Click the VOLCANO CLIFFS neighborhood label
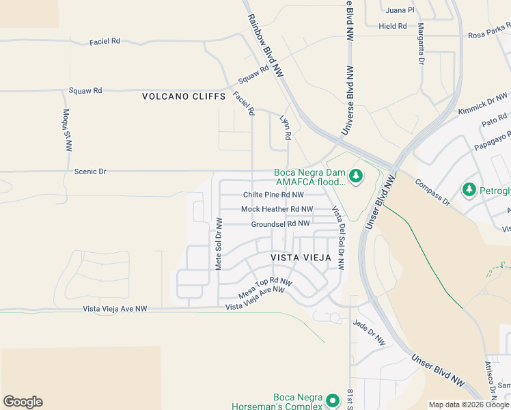(x=184, y=96)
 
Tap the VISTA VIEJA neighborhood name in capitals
(x=300, y=258)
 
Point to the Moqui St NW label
(x=68, y=129)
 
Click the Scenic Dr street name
(x=90, y=172)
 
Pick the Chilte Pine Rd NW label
(x=273, y=195)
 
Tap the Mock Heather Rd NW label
(x=277, y=209)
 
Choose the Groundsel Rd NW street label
(x=280, y=223)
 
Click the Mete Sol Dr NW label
(x=219, y=244)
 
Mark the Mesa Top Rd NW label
(x=265, y=288)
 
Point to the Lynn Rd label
(x=286, y=127)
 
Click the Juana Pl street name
(x=400, y=10)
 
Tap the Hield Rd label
(x=393, y=27)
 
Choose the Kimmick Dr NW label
(x=483, y=104)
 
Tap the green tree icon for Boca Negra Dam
(x=355, y=177)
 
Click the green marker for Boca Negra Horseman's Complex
(x=332, y=400)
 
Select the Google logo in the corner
(x=23, y=402)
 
